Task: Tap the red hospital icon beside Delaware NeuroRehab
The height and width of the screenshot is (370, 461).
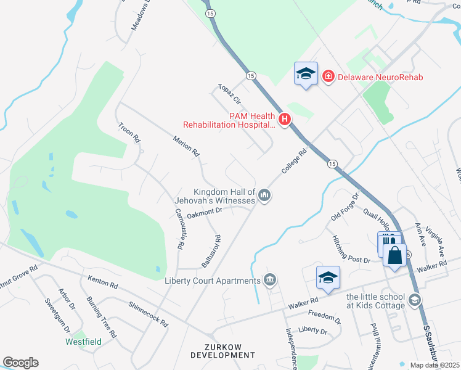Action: [x=328, y=76]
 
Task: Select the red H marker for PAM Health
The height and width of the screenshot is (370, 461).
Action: [x=284, y=120]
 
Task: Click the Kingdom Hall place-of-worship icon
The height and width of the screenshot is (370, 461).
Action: [x=265, y=195]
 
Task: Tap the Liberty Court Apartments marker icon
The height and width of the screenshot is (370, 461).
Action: [x=269, y=281]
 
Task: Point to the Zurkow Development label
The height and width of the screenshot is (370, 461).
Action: [x=222, y=351]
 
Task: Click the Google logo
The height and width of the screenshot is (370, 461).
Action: [x=20, y=363]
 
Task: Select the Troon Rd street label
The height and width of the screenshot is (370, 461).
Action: [x=130, y=133]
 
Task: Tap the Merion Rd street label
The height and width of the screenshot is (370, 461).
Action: [x=188, y=145]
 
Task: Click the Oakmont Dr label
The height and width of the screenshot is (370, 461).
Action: [x=204, y=213]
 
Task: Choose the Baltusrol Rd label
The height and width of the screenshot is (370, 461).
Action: [x=211, y=252]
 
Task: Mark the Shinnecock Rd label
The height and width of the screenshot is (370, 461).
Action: [x=149, y=314]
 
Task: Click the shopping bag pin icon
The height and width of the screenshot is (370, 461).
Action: [x=395, y=255]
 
